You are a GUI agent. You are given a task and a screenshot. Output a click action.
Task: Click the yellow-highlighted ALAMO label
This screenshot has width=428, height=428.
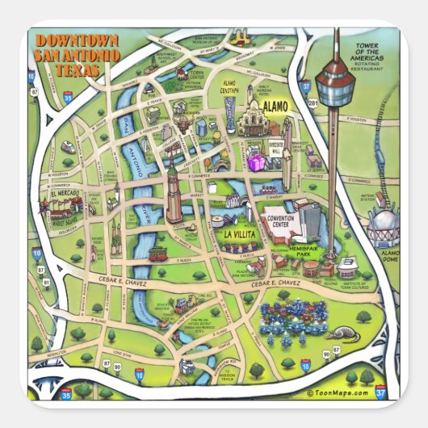tap(276, 106)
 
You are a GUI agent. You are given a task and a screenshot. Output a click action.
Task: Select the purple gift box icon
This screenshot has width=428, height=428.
tap(257, 163)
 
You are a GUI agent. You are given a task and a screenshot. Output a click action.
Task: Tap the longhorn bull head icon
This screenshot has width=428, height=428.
tap(238, 36)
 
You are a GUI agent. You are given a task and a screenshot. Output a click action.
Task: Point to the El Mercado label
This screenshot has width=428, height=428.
tap(62, 195)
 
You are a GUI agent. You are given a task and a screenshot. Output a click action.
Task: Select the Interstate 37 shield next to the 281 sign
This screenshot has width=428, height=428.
tap(305, 83)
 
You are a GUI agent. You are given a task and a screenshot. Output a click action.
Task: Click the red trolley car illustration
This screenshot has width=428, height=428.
tap(153, 253)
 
